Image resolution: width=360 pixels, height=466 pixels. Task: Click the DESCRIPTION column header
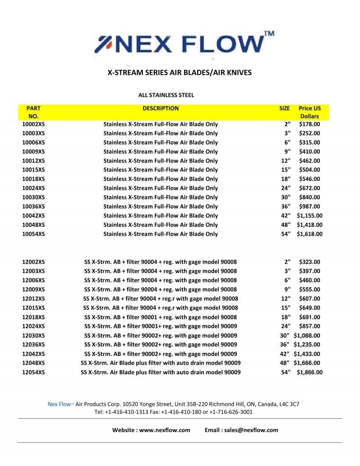[x=161, y=108]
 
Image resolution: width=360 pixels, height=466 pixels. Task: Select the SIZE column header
[x=284, y=108]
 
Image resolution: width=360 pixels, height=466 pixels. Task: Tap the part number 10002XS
[x=33, y=124]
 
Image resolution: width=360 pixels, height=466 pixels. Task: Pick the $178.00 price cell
[x=309, y=124]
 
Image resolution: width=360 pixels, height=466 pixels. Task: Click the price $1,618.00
[x=309, y=234]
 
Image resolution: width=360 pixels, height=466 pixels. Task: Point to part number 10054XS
[x=33, y=234]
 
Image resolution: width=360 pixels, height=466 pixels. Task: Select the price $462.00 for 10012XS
[x=309, y=160]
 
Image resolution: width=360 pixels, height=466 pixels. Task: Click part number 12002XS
[x=33, y=262]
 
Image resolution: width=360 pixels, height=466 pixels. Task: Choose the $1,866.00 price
[x=309, y=372]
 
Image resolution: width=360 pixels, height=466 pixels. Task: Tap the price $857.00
[x=309, y=326]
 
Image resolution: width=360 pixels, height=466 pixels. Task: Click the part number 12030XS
[x=33, y=335]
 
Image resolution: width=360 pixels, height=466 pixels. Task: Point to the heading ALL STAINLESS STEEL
[x=166, y=95]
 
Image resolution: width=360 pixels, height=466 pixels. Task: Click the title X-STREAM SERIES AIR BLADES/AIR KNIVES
[x=179, y=72]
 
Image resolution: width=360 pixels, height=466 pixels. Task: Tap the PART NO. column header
[x=33, y=112]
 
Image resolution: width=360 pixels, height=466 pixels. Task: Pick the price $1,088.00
[x=306, y=335]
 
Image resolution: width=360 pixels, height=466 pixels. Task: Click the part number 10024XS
[x=33, y=188]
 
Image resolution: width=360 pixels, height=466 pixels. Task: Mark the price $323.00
[x=309, y=262]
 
